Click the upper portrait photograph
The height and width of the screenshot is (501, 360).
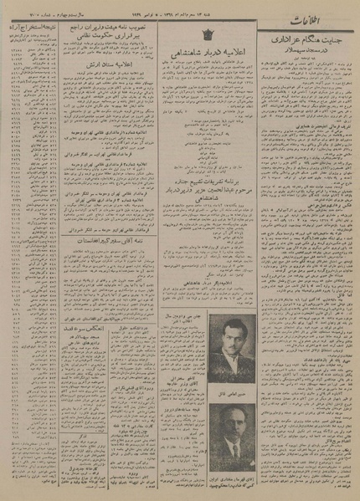click(232, 345)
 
